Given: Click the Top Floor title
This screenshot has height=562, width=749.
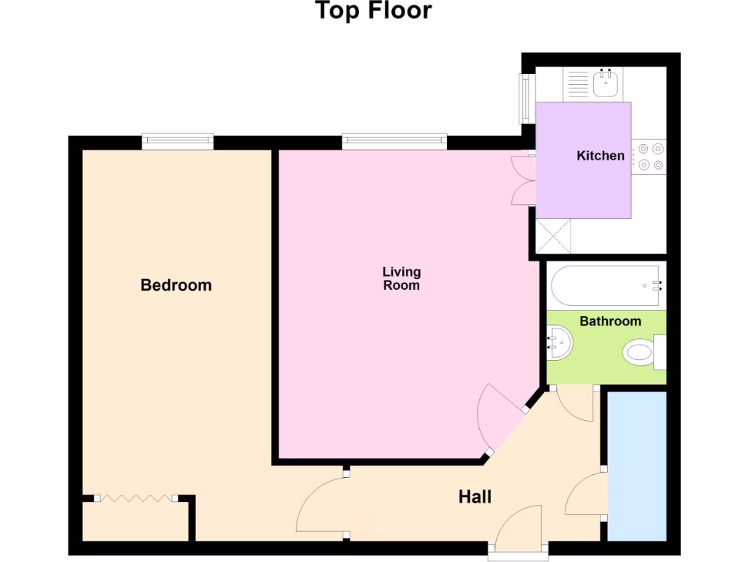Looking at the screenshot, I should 373,12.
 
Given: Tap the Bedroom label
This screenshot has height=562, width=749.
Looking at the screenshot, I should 176,285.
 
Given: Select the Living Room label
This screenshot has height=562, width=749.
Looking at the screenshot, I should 402,279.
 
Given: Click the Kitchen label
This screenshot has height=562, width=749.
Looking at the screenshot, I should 601,155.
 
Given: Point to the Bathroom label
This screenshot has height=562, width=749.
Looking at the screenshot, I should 610,321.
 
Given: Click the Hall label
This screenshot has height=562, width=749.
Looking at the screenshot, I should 475,497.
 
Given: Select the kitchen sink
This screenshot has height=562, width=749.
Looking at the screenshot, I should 605,83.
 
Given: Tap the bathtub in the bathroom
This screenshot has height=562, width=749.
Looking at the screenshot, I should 606,286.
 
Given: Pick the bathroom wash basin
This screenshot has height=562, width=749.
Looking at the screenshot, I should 560,343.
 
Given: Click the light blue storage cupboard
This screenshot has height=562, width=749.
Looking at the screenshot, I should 636,465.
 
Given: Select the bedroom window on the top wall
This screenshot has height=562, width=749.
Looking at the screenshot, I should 177,141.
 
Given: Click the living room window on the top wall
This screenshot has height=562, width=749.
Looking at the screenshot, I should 394,141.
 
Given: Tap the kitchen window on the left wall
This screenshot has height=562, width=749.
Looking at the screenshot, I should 524,98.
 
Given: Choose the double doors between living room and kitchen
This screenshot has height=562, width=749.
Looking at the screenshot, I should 524,179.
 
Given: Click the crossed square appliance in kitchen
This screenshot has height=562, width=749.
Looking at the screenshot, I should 553,236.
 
